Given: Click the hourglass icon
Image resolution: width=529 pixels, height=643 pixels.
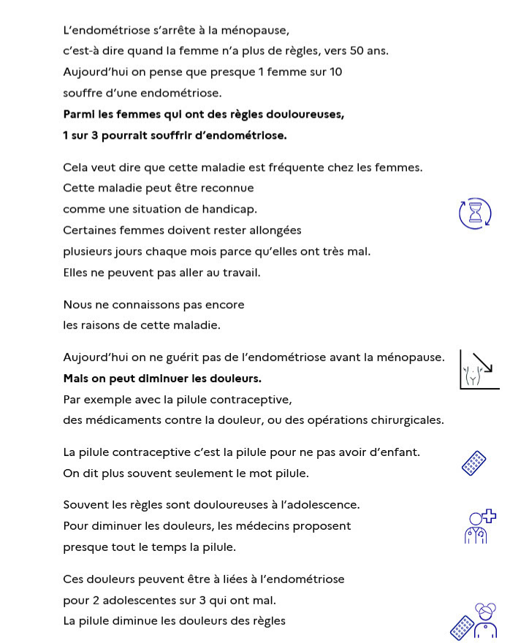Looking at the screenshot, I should coord(475,213).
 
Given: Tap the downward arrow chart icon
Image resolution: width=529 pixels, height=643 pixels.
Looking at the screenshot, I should coord(479,370).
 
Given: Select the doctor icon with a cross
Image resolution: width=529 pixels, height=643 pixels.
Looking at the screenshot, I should coord(480,526).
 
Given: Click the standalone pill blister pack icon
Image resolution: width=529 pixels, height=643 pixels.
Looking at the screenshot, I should coord(473,463).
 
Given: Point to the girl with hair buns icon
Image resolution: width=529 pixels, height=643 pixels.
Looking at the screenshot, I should coord(485,622).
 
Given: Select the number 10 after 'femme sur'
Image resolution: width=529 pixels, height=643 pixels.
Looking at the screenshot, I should coord(335,72).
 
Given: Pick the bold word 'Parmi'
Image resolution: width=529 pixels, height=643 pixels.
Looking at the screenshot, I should coord(80,114).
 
